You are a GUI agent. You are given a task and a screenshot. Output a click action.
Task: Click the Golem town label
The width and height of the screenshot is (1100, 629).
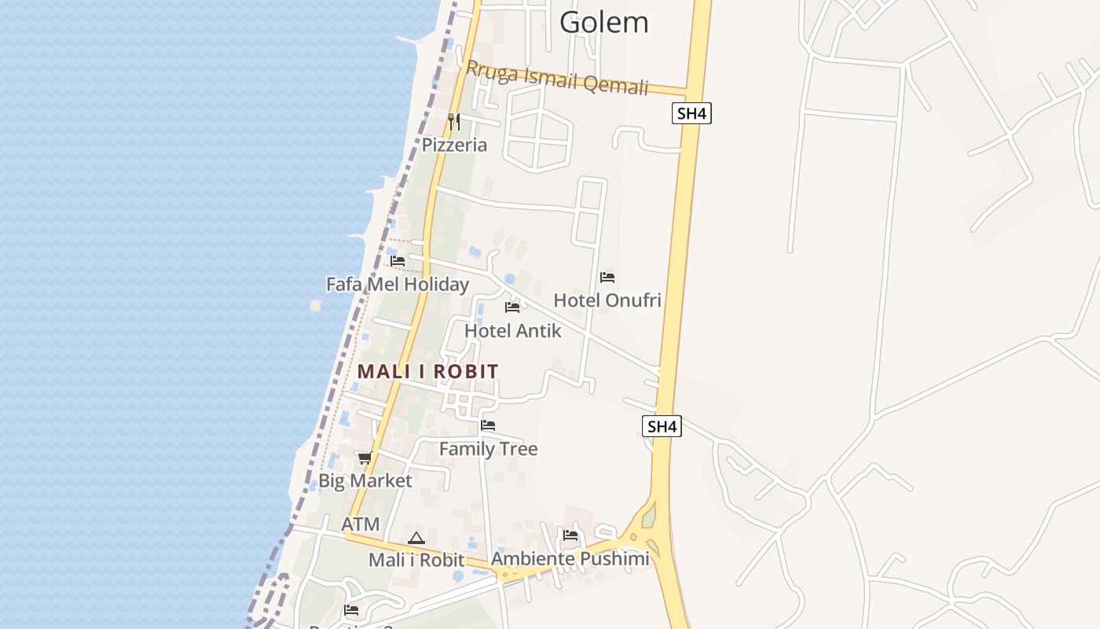pyautogui.click(x=603, y=22)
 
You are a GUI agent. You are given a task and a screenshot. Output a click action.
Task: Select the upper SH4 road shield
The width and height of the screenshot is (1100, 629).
pyautogui.click(x=691, y=113)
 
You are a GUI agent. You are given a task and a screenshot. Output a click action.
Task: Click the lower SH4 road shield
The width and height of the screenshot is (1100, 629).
pyautogui.click(x=662, y=427)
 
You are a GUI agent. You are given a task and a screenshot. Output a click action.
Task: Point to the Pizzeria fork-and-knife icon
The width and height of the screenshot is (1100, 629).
pyautogui.click(x=453, y=121)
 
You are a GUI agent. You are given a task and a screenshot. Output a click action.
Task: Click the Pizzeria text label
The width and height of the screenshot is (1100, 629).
pyautogui.click(x=454, y=145)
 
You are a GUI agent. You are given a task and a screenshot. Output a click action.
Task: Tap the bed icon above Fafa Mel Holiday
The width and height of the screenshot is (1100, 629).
pyautogui.click(x=398, y=261)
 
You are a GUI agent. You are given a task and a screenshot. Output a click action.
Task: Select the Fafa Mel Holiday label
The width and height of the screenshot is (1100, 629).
pyautogui.click(x=397, y=284)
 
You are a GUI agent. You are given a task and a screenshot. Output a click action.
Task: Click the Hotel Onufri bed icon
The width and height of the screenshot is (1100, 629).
pyautogui.click(x=607, y=278)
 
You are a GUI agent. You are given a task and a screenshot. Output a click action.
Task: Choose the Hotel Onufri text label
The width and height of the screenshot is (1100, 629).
pyautogui.click(x=607, y=300)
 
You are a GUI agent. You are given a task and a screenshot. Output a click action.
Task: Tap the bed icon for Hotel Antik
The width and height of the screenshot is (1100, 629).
pyautogui.click(x=512, y=307)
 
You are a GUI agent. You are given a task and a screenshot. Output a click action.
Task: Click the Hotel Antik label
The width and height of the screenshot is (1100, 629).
pyautogui.click(x=512, y=330)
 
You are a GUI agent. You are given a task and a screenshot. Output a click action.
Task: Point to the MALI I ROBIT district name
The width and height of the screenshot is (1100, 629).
pyautogui.click(x=427, y=371)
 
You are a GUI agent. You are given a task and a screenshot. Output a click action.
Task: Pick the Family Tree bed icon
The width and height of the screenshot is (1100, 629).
pyautogui.click(x=488, y=425)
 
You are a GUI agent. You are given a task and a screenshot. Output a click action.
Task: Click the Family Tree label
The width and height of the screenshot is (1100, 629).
pyautogui.click(x=488, y=449)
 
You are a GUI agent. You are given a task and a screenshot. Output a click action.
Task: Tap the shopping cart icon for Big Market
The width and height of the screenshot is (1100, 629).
pyautogui.click(x=365, y=458)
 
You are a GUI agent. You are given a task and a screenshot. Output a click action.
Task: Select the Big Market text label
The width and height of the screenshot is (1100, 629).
pyautogui.click(x=365, y=480)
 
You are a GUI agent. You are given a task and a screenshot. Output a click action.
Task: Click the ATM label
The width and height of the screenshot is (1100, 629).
pyautogui.click(x=361, y=524)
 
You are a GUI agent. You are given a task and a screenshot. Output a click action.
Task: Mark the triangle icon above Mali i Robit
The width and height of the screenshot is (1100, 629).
pyautogui.click(x=416, y=538)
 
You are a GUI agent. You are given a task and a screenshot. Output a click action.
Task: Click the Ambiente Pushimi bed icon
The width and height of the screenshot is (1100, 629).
pyautogui.click(x=570, y=535)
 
